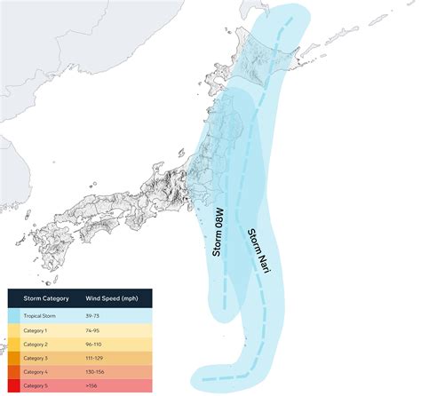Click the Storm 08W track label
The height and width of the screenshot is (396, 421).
click(218, 234)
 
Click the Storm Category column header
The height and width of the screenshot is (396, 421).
click(41, 299)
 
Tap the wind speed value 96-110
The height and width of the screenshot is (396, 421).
click(94, 344)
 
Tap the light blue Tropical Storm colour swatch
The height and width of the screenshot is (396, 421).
click(13, 316)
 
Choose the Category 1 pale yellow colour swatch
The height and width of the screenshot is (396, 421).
click(13, 330)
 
